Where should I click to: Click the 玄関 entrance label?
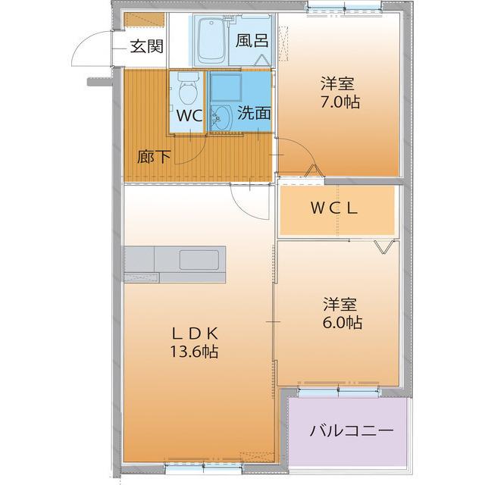click(x=145, y=46)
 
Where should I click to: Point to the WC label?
click(x=189, y=116)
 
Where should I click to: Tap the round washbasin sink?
click(x=222, y=116)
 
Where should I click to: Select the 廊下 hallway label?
click(x=154, y=158)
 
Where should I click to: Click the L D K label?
click(x=196, y=333)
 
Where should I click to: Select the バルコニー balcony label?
click(x=351, y=431)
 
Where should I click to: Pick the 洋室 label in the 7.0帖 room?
click(x=339, y=82)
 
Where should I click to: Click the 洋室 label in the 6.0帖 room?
click(x=342, y=304)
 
